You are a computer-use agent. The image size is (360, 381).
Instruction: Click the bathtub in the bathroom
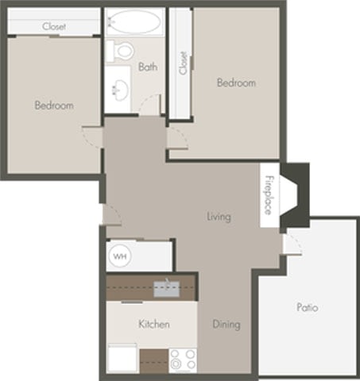(134, 21)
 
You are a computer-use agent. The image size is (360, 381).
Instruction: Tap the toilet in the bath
(123, 51)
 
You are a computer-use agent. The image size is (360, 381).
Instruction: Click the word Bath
(148, 67)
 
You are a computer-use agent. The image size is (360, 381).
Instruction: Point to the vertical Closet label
(183, 63)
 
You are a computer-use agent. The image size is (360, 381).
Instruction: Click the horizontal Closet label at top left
(54, 26)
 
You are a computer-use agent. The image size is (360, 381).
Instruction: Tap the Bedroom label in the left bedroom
(54, 106)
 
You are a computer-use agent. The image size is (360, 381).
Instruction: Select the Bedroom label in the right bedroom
(237, 83)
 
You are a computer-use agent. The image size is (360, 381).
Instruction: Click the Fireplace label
(269, 194)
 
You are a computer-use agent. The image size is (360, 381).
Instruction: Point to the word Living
(219, 216)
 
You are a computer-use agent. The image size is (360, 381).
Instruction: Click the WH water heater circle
(120, 256)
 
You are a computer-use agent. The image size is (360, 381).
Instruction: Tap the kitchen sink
(166, 287)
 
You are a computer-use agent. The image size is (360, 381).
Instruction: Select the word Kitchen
(153, 325)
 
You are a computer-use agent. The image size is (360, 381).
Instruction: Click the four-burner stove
(183, 360)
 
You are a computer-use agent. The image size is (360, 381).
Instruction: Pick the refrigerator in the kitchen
(123, 358)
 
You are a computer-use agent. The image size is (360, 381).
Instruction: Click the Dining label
(226, 325)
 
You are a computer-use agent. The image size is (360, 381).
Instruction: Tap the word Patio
(308, 307)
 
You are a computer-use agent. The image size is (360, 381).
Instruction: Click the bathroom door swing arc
(149, 103)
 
